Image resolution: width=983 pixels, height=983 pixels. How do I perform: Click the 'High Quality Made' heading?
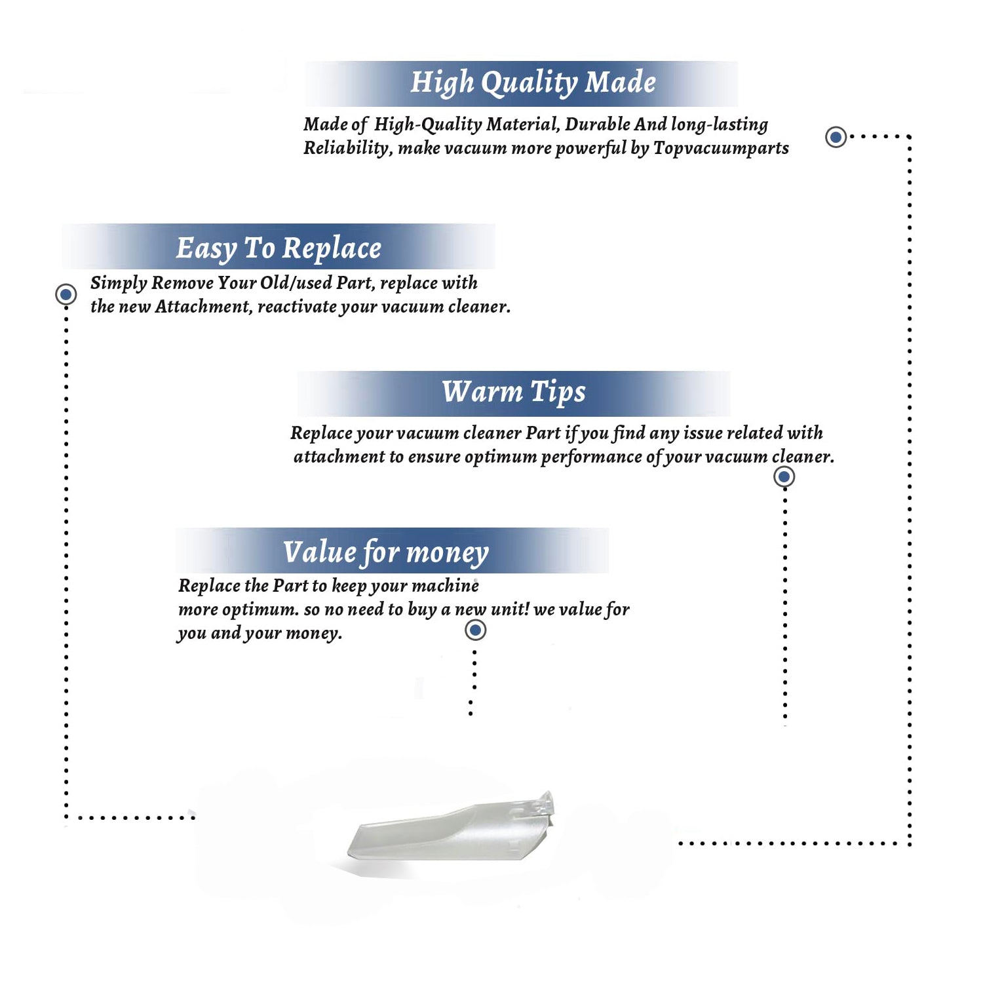[533, 83]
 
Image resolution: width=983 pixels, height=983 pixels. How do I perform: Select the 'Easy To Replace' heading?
[279, 249]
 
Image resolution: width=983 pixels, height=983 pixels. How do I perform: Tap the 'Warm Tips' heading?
[514, 392]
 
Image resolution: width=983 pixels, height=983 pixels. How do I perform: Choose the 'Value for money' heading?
[386, 552]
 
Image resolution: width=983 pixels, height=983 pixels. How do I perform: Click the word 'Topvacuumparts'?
[721, 149]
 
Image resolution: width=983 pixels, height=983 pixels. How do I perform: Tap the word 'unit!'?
[510, 609]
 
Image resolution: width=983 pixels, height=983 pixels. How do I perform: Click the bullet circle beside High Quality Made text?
[836, 137]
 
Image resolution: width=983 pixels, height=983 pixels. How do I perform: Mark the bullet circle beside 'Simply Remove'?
[66, 294]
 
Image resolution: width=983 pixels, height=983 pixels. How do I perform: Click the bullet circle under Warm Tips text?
[784, 476]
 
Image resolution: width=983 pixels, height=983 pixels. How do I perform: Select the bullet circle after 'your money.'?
[475, 630]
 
